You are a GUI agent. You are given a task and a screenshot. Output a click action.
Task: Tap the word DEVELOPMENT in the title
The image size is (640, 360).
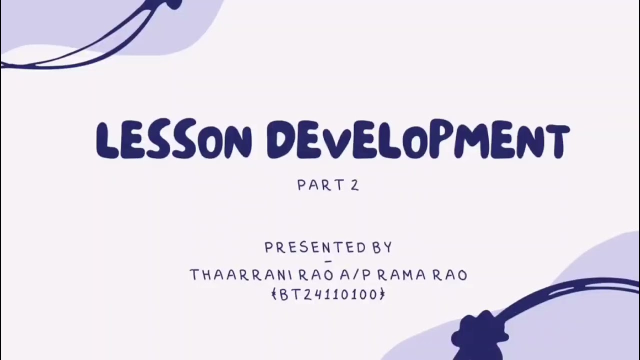[417, 140]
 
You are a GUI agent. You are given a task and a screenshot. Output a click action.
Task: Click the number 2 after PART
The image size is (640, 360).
[354, 185]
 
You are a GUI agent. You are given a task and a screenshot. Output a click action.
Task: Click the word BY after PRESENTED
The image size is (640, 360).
[382, 247]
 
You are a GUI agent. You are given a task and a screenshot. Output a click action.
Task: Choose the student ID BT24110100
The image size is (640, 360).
[328, 294]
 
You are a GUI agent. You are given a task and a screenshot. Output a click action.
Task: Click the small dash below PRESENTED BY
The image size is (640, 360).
[328, 261]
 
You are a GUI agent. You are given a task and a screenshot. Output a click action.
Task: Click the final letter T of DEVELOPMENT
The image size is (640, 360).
[556, 140]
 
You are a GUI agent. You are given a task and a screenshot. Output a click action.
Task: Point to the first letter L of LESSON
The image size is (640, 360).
[107, 140]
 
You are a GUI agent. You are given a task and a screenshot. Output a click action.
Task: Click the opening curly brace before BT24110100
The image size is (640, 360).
[274, 294]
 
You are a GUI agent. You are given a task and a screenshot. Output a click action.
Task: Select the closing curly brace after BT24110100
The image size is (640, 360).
[382, 294]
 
